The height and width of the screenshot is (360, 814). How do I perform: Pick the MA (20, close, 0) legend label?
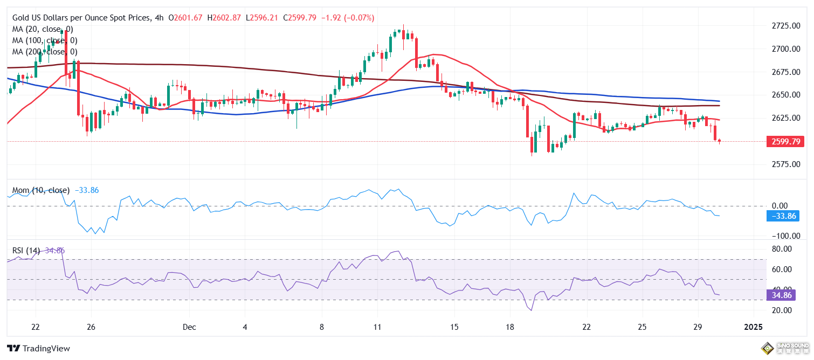click(x=43, y=29)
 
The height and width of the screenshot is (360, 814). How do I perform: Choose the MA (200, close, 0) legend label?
click(x=45, y=52)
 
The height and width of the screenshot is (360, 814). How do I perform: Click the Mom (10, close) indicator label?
click(x=41, y=190)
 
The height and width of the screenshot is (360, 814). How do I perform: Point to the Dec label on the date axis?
click(x=189, y=327)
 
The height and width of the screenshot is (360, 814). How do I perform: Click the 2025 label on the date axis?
click(x=753, y=327)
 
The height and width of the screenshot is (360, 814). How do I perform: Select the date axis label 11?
click(x=377, y=327)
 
